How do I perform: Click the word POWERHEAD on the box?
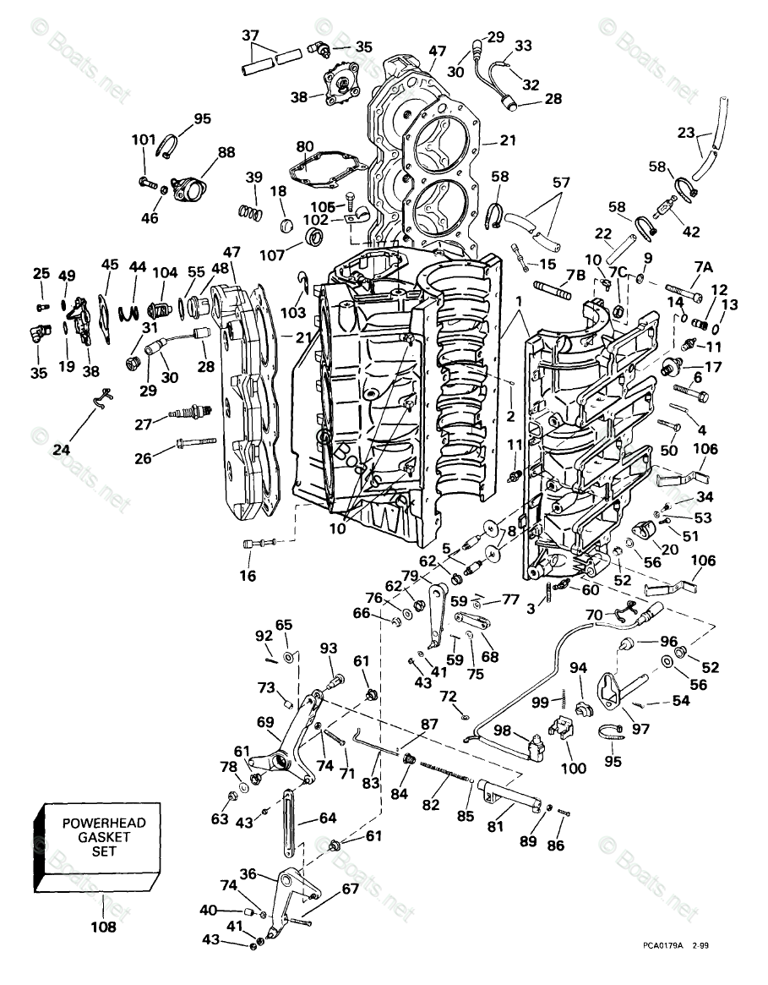point(103,823)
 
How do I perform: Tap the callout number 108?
point(103,927)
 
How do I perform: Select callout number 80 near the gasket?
point(305,145)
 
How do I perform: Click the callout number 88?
point(226,153)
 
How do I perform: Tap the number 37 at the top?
point(250,36)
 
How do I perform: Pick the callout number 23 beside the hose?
point(686,133)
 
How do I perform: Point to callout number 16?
point(248,576)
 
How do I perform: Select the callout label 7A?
point(703,266)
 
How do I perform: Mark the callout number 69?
point(265,722)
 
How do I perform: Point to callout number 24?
point(61,450)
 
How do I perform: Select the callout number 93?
point(328,648)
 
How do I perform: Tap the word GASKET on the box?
point(103,836)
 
